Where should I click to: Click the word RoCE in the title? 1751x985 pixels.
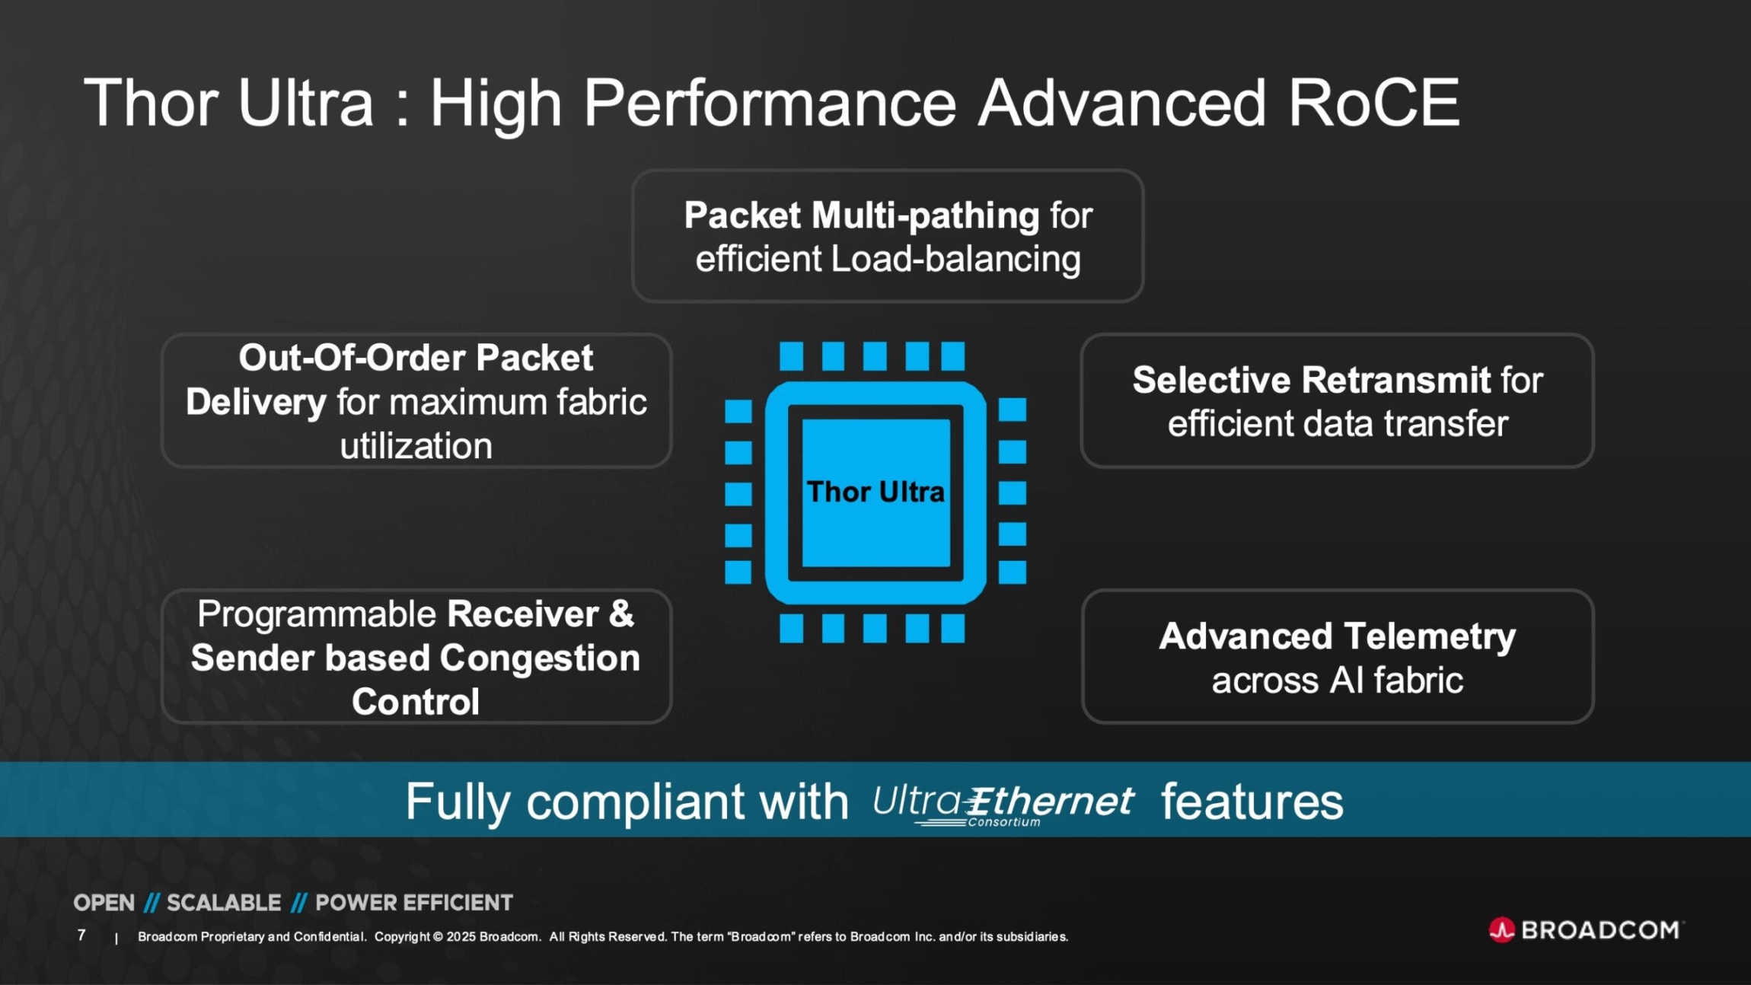coord(1373,103)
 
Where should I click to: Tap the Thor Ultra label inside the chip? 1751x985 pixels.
coord(875,492)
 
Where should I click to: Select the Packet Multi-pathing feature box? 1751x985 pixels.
coord(888,236)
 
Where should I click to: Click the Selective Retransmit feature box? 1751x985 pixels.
coord(1337,400)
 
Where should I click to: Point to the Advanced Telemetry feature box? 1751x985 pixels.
coord(1337,656)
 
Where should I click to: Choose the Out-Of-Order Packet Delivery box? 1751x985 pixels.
coord(416,400)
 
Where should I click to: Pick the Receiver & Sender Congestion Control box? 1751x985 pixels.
coord(416,656)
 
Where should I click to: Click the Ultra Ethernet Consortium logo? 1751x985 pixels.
coord(1003,804)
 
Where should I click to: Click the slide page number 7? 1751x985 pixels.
coord(81,935)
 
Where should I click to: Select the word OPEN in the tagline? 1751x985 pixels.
coord(104,903)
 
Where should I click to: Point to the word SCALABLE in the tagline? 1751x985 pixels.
coord(224,903)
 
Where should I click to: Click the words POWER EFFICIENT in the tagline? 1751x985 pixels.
coord(414,903)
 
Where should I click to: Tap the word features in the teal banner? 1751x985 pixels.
coord(1252,802)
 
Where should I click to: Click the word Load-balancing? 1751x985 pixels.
coord(955,259)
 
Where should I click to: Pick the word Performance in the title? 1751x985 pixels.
coord(769,103)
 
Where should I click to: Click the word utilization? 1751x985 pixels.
coord(416,446)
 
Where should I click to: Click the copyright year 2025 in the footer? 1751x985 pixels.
coord(460,936)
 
